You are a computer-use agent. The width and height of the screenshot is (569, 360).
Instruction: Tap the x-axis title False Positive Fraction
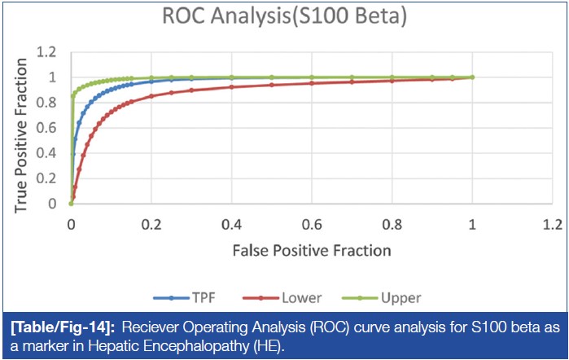(x=312, y=248)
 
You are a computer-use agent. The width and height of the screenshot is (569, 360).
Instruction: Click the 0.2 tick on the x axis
(x=151, y=222)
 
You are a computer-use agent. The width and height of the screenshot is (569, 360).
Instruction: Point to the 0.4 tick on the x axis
(x=232, y=222)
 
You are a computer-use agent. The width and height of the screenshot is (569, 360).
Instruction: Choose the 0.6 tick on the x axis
(x=312, y=222)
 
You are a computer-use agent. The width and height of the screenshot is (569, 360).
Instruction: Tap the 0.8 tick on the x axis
(x=392, y=222)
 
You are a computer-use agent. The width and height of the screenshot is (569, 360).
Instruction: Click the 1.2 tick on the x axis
(x=552, y=222)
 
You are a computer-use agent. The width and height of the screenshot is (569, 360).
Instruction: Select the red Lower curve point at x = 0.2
(x=151, y=96)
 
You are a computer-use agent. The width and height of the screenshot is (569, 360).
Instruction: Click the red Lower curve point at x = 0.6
(x=312, y=83)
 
